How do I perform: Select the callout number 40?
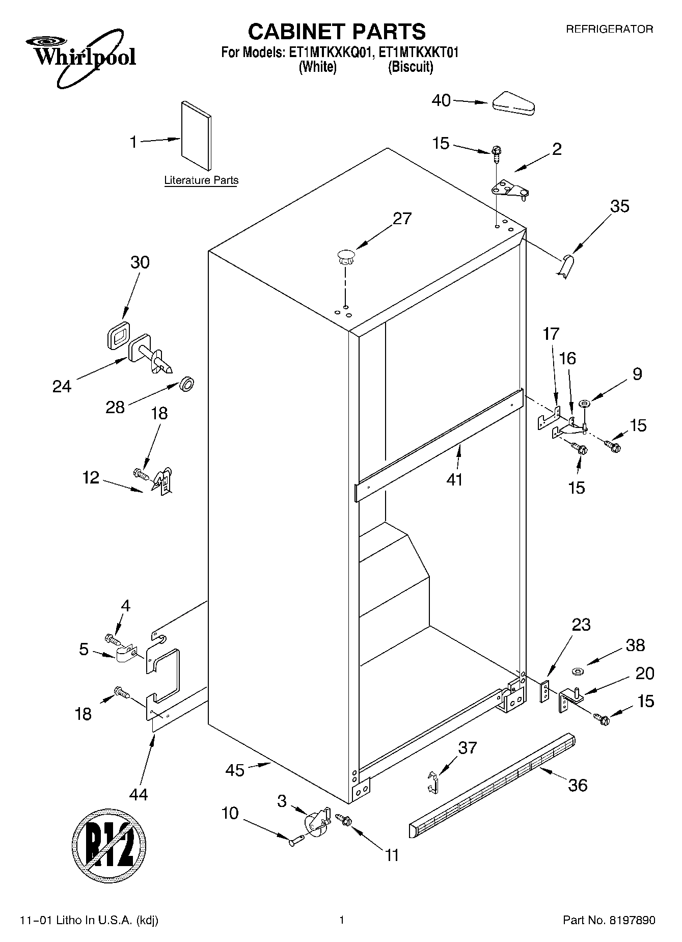pos(441,100)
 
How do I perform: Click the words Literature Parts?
pos(201,180)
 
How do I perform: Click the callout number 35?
pos(619,206)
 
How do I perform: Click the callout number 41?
pos(454,479)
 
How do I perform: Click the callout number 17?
pos(551,334)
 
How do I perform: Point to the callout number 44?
pos(139,794)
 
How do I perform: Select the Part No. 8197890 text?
pos(609,921)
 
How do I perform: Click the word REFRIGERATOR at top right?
pos(609,30)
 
